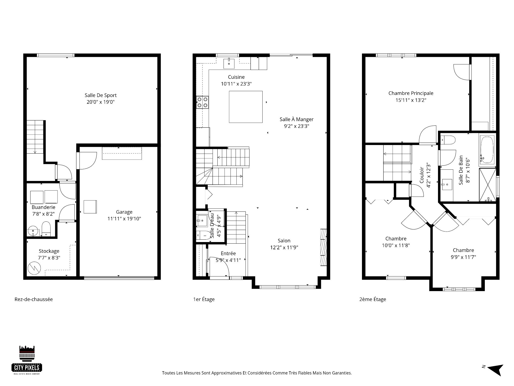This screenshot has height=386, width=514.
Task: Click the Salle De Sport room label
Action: pyautogui.click(x=101, y=95)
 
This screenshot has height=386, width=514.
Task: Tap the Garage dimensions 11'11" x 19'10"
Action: pyautogui.click(x=124, y=218)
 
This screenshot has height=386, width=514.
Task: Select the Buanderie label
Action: pyautogui.click(x=43, y=207)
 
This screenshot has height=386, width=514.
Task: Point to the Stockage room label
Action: pyautogui.click(x=49, y=251)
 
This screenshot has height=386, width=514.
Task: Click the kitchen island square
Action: pyautogui.click(x=246, y=107)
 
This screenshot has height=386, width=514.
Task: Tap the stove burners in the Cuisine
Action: pyautogui.click(x=202, y=102)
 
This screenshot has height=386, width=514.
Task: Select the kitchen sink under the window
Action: pyautogui.click(x=229, y=63)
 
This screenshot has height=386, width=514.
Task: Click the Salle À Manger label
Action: pyautogui.click(x=297, y=119)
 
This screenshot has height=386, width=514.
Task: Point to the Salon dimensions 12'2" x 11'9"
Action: pyautogui.click(x=284, y=247)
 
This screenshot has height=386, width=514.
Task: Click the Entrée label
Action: pyautogui.click(x=228, y=253)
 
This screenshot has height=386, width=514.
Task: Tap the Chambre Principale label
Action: pyautogui.click(x=411, y=93)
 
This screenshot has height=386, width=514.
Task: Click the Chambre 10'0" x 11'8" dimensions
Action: pyautogui.click(x=396, y=245)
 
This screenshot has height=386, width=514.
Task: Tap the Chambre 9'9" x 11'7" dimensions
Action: pyautogui.click(x=463, y=257)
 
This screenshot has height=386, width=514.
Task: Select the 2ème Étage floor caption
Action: pyautogui.click(x=373, y=299)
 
